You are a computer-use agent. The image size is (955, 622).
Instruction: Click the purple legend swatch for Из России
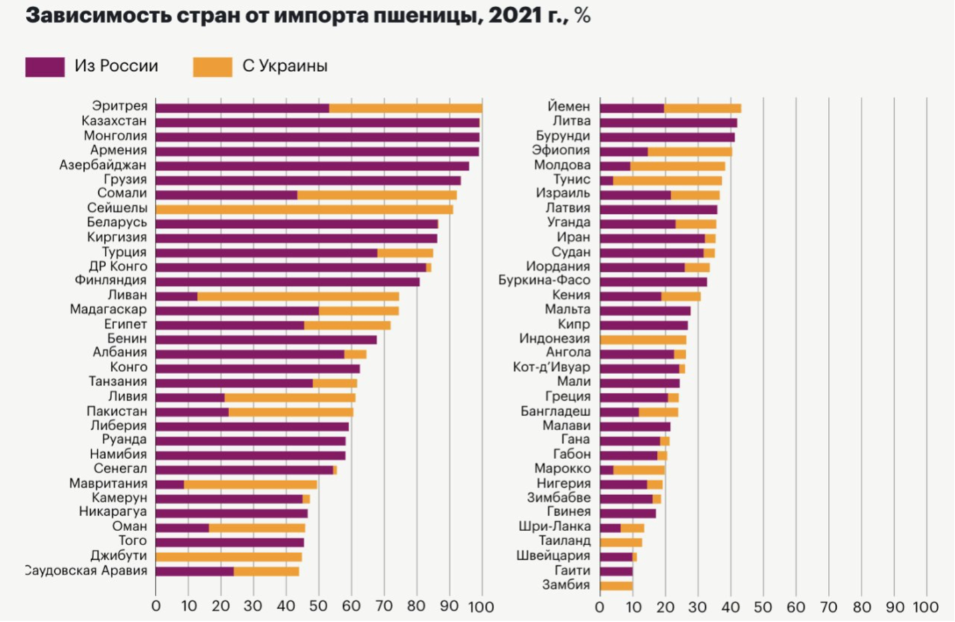(45, 67)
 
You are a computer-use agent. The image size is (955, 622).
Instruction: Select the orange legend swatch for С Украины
(212, 67)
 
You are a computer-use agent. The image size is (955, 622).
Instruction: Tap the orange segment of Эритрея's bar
(405, 108)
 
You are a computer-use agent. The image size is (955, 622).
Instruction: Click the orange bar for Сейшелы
(304, 209)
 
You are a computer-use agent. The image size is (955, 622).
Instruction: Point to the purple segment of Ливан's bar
(176, 296)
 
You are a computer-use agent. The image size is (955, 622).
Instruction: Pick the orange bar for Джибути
(228, 557)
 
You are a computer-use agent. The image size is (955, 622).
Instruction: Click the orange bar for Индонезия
(642, 339)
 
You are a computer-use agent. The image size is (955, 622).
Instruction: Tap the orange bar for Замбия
(616, 586)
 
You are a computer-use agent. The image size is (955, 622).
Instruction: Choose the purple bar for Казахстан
(317, 122)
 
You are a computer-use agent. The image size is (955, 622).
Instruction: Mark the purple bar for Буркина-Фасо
(653, 281)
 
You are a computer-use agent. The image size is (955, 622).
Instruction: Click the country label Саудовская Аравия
(86, 571)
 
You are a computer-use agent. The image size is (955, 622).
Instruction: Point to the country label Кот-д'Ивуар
(551, 367)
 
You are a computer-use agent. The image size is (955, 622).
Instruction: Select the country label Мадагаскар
(108, 309)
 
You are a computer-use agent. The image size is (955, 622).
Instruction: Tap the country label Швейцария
(553, 555)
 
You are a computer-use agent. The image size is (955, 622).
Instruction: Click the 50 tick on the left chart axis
(319, 606)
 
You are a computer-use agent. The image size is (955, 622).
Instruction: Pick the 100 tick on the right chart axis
(926, 607)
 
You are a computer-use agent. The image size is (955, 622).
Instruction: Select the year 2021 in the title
(514, 15)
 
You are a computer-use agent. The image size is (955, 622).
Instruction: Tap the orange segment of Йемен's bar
(703, 108)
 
